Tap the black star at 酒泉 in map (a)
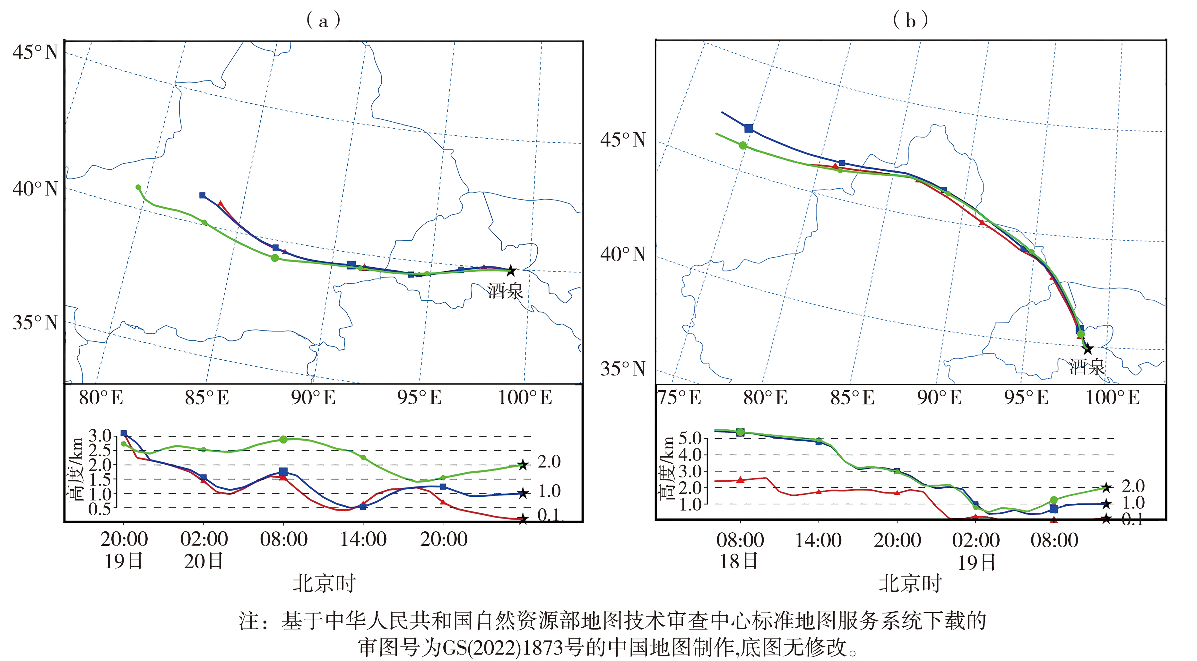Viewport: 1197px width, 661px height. [511, 271]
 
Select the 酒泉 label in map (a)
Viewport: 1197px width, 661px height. [505, 291]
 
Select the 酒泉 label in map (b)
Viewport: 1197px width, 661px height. [1086, 367]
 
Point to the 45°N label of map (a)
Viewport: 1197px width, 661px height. [35, 52]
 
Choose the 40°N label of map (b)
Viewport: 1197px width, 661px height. [623, 254]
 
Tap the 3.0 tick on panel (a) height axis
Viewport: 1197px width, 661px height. [100, 436]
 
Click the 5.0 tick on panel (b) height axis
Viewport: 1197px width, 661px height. [690, 438]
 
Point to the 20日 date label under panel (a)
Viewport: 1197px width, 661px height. [204, 562]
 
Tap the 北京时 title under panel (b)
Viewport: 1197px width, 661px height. [909, 583]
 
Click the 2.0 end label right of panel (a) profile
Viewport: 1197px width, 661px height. [549, 462]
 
